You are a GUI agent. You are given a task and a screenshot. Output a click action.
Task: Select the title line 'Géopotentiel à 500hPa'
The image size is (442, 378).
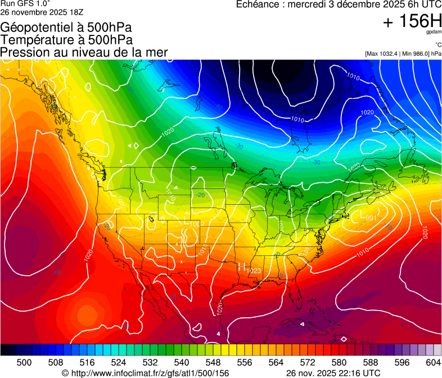[x=67, y=27]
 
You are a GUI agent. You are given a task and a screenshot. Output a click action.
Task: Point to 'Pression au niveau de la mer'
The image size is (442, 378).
[x=84, y=52]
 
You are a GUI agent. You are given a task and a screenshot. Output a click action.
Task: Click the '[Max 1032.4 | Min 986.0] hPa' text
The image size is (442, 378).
[x=403, y=53]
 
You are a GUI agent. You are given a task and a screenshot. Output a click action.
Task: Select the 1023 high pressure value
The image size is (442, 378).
[x=254, y=271]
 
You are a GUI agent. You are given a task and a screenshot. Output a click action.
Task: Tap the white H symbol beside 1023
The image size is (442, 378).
[x=242, y=267]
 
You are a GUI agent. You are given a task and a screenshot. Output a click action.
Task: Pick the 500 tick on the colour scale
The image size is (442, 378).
[x=24, y=362]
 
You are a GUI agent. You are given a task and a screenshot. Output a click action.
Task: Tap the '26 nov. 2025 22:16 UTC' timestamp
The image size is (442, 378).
[x=333, y=373]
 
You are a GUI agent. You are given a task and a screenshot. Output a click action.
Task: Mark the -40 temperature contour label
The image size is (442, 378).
[x=219, y=107]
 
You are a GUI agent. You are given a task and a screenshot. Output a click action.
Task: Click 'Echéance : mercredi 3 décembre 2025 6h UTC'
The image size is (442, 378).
[x=339, y=4]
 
